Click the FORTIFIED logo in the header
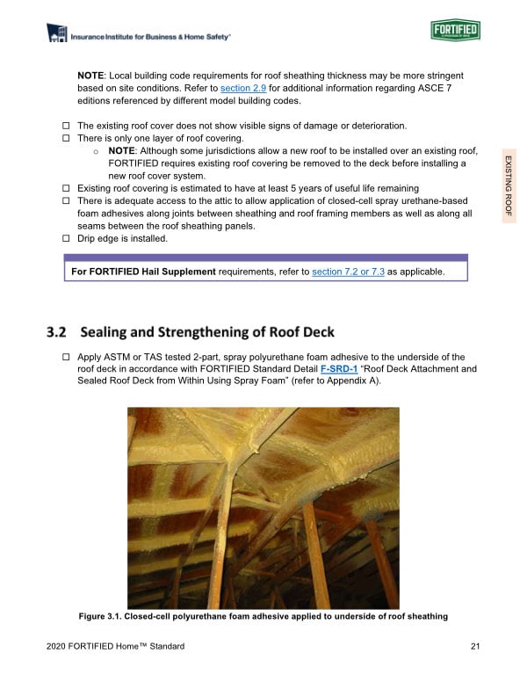click(x=456, y=32)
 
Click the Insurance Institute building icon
click(x=58, y=34)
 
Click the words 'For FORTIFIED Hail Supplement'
click(x=143, y=272)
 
